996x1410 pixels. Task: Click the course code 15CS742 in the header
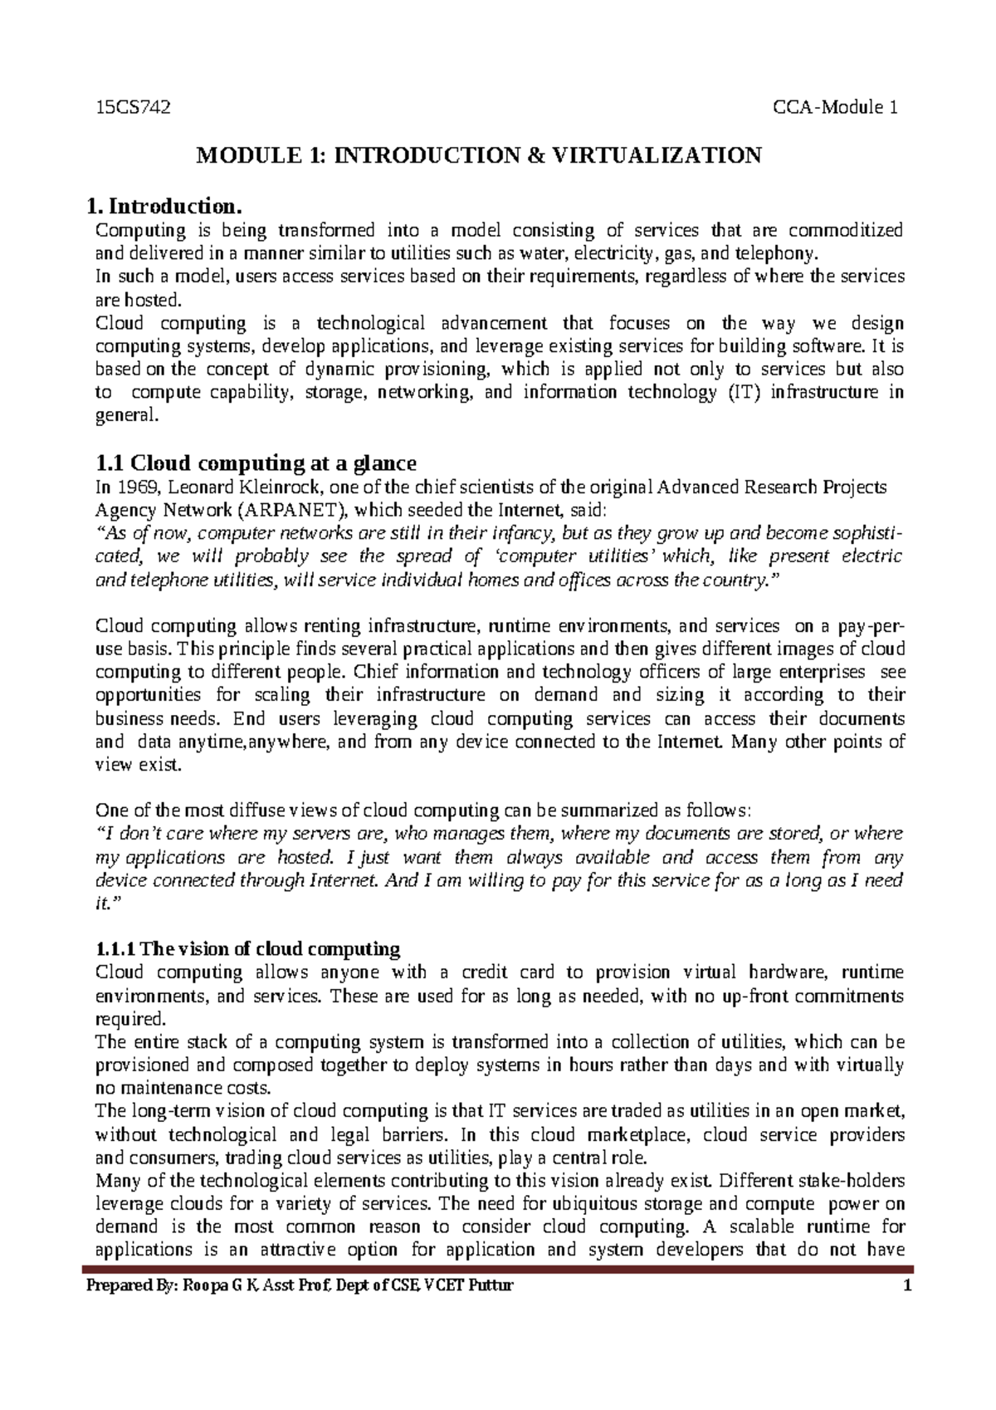coord(133,107)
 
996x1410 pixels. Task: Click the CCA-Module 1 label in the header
coord(836,107)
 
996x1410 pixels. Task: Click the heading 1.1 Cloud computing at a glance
coord(256,463)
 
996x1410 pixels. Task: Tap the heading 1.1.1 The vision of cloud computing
coord(248,948)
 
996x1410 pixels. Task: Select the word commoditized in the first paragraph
coord(845,230)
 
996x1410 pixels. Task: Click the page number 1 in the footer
coord(908,1286)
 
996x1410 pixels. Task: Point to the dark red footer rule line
coord(498,1270)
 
